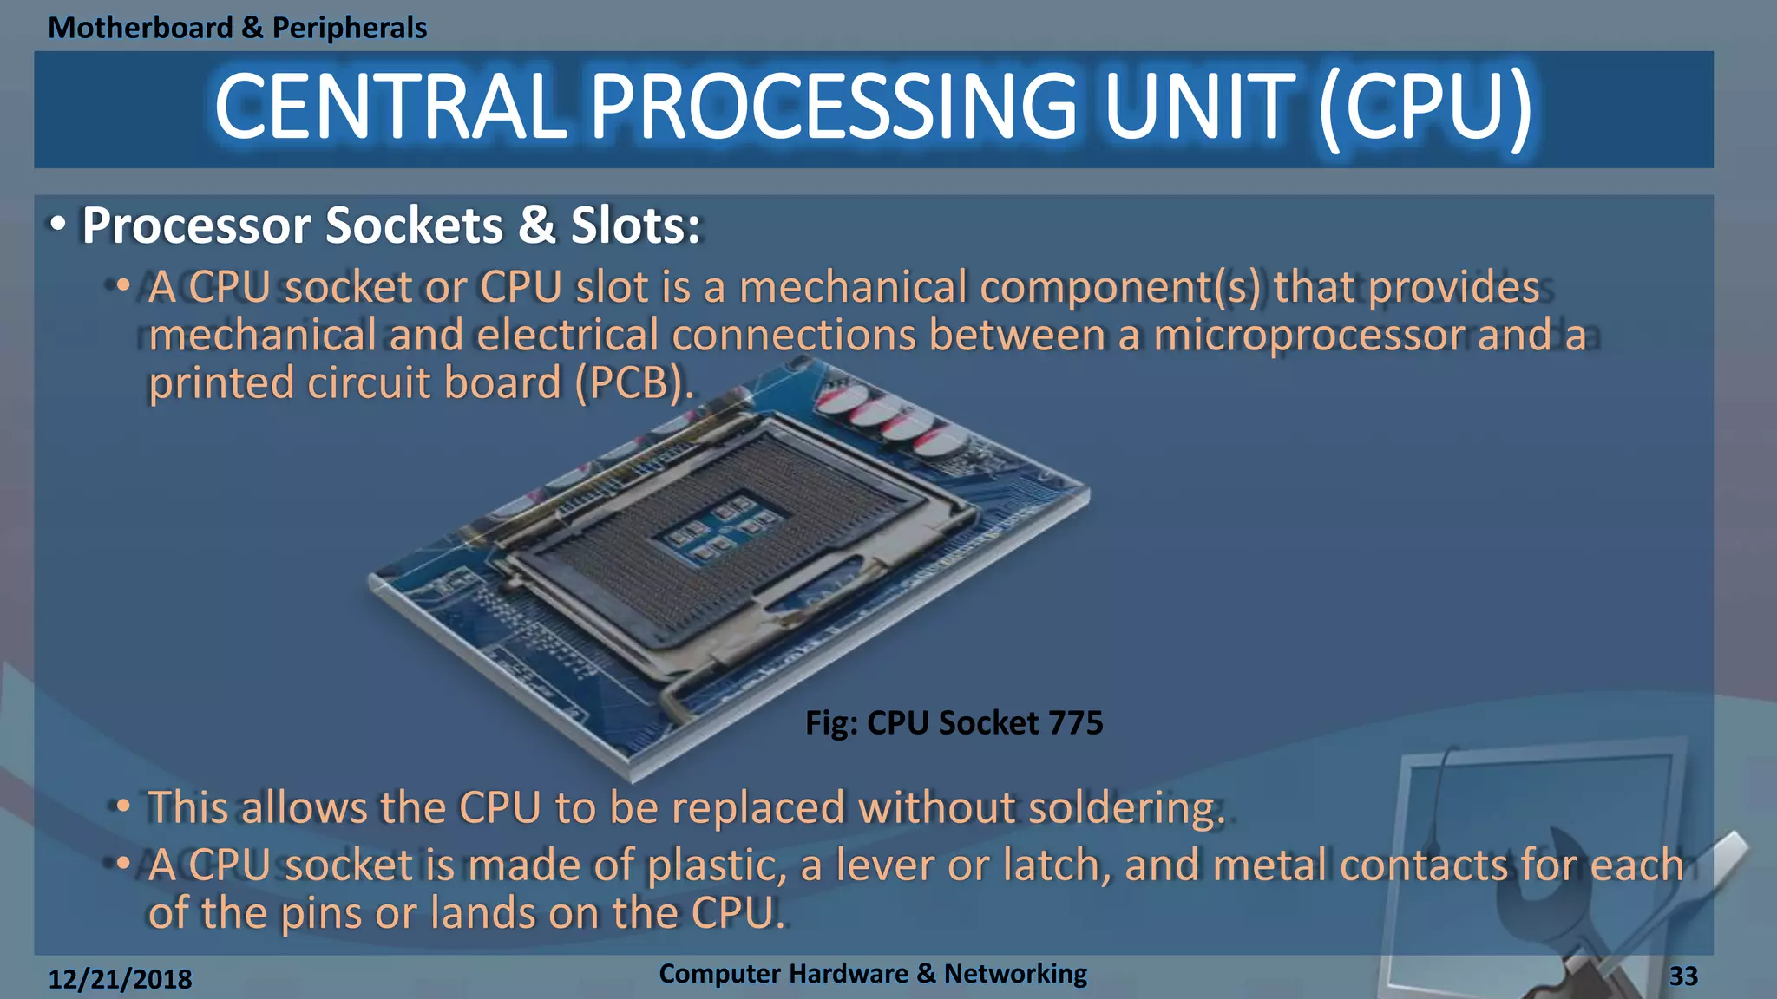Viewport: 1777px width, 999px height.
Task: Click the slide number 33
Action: [1683, 976]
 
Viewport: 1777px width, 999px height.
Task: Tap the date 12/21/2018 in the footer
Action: [120, 979]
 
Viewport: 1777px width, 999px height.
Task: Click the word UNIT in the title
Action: [1199, 107]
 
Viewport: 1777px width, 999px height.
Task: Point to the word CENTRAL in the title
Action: [390, 107]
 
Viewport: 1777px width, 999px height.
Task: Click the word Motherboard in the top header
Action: [141, 28]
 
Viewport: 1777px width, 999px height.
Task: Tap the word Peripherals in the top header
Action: [350, 28]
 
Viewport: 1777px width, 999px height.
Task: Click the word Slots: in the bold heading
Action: [635, 225]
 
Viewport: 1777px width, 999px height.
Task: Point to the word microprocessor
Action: [1308, 335]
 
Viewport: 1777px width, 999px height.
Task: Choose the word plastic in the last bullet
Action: [717, 865]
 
